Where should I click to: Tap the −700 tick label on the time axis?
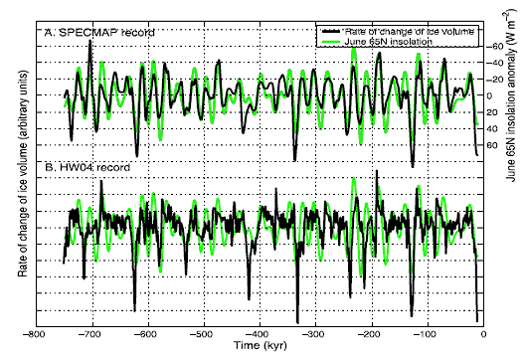[x=89, y=335]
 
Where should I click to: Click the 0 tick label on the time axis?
[x=483, y=335]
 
